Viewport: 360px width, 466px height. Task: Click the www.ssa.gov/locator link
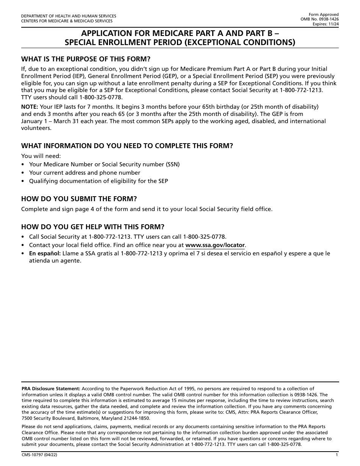(215, 245)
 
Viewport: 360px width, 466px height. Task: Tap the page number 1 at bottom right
(337, 455)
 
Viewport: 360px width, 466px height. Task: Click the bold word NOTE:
(30, 106)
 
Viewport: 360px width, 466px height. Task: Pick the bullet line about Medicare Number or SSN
(104, 164)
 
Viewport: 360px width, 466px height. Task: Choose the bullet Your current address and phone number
(85, 173)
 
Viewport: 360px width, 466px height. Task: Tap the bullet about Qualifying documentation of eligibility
(99, 181)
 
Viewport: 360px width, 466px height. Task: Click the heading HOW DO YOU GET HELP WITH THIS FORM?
(93, 227)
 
